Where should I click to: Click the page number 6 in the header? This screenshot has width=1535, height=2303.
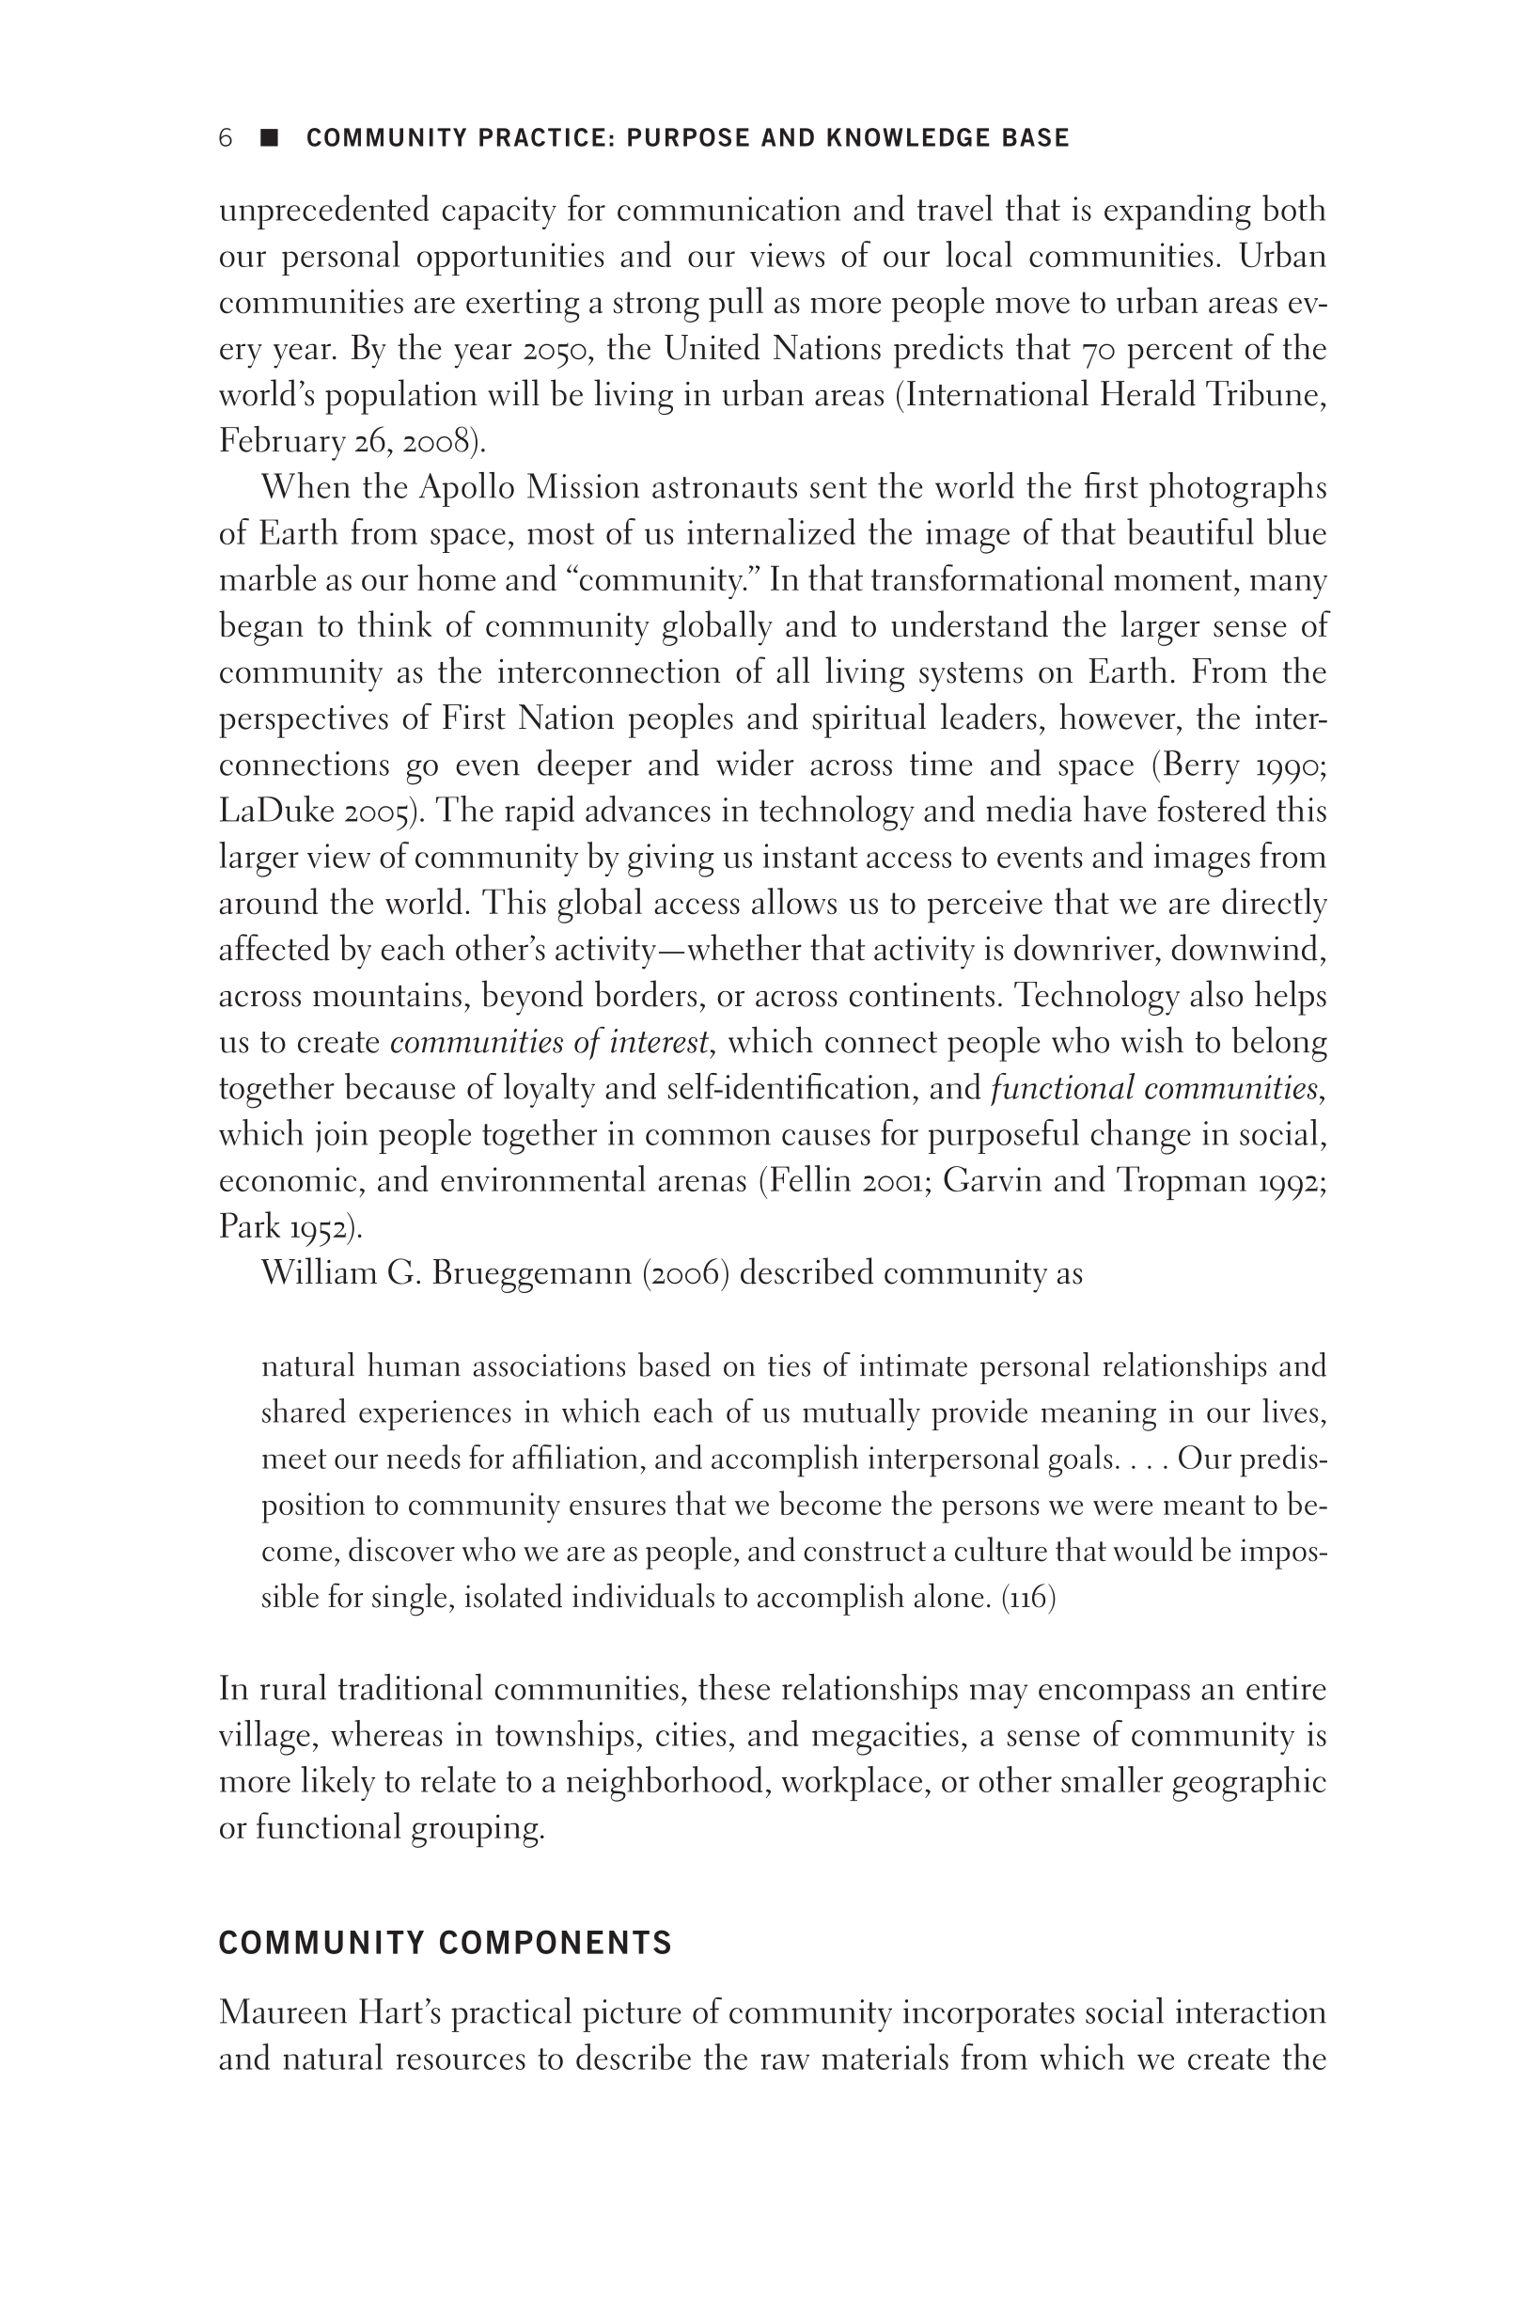coord(226,138)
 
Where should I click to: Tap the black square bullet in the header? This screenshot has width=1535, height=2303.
coord(269,138)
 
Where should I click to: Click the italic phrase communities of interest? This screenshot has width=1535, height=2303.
coord(549,1042)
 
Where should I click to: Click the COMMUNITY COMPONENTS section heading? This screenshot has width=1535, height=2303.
coord(446,1943)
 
